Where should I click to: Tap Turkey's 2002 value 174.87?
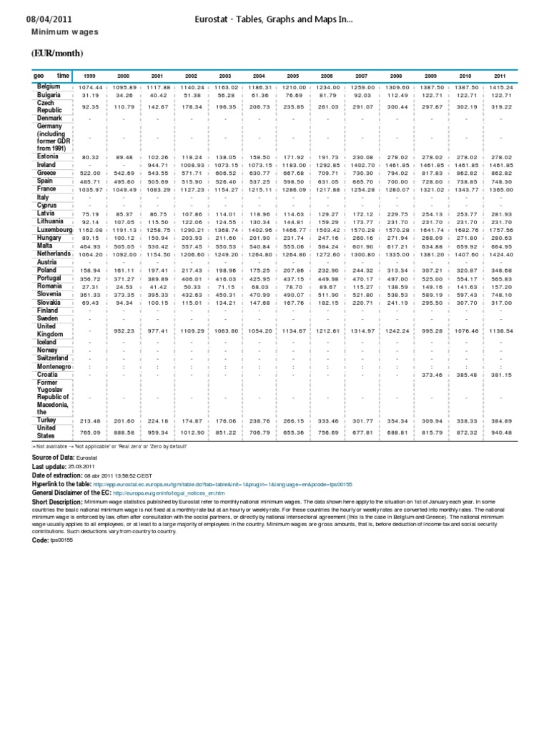[192, 421]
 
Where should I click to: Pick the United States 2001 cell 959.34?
[157, 433]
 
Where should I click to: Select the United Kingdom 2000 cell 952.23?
[123, 331]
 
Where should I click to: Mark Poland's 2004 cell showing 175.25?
[259, 271]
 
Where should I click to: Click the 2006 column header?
[327, 76]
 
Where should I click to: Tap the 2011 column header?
[500, 76]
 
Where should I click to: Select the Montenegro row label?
[55, 366]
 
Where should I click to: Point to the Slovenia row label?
[51, 295]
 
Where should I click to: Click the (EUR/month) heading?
[57, 54]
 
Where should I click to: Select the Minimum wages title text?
[64, 33]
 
